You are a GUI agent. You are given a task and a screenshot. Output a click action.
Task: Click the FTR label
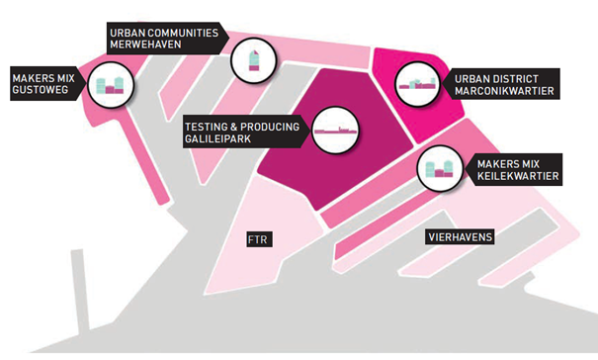[x=259, y=239]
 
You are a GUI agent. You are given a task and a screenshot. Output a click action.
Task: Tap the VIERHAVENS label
[x=460, y=237]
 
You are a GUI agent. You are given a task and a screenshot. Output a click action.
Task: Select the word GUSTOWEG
[x=41, y=90]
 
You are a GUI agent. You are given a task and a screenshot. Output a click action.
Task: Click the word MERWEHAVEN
[x=145, y=45]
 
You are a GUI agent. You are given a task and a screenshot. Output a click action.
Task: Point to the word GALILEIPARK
[x=217, y=138]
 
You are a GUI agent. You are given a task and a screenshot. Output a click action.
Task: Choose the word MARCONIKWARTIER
[x=504, y=91]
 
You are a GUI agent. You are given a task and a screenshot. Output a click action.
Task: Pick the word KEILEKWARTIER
[x=518, y=176]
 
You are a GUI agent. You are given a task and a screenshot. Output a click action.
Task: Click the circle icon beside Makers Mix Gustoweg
[x=111, y=85]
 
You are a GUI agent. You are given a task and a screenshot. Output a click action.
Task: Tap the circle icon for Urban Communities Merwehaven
[x=253, y=60]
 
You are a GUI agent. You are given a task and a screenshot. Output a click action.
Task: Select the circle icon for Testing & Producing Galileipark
[x=335, y=131]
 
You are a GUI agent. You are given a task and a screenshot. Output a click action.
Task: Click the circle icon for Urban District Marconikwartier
[x=417, y=84]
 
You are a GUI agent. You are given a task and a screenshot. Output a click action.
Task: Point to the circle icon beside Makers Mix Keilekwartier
[x=440, y=168]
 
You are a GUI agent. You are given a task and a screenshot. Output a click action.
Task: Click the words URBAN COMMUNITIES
[x=164, y=33]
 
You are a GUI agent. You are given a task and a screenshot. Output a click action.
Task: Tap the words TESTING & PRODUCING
[x=242, y=127]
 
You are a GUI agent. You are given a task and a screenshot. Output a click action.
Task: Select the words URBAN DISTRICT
[x=496, y=79]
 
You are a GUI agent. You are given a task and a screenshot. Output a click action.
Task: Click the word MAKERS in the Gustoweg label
[x=32, y=78]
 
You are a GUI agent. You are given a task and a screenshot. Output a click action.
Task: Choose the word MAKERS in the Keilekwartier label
[x=496, y=164]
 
